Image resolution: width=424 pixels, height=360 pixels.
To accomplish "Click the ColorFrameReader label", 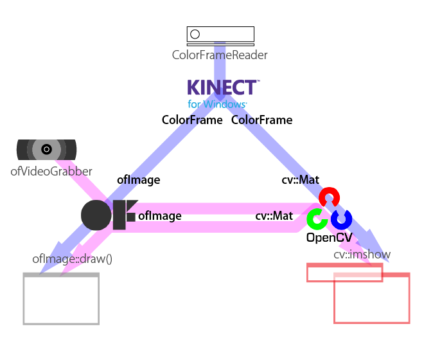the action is [220, 55].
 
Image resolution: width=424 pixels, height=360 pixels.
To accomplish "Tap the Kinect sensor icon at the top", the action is [220, 36].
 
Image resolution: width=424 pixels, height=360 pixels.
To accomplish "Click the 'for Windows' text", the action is [217, 104].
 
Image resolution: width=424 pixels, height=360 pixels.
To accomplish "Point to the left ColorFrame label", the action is [192, 120].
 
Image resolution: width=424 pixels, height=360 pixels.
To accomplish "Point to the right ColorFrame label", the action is [261, 120].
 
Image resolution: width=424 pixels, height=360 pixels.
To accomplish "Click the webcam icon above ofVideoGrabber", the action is [46, 150].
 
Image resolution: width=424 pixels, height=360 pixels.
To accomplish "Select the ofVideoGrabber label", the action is [51, 172].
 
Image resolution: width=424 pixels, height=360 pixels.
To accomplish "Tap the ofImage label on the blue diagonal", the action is [139, 180].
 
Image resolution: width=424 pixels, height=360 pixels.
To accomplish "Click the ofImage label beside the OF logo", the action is [160, 216].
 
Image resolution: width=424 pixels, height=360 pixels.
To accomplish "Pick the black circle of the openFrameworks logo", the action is [96, 215].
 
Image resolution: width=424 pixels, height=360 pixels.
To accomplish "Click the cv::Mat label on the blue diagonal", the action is [300, 180].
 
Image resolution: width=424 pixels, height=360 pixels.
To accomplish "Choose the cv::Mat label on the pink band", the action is [274, 216].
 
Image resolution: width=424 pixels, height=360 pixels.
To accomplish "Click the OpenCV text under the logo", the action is [330, 238].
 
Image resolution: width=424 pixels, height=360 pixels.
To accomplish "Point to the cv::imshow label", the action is [362, 255].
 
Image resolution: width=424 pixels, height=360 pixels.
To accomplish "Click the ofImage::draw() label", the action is [72, 259].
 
